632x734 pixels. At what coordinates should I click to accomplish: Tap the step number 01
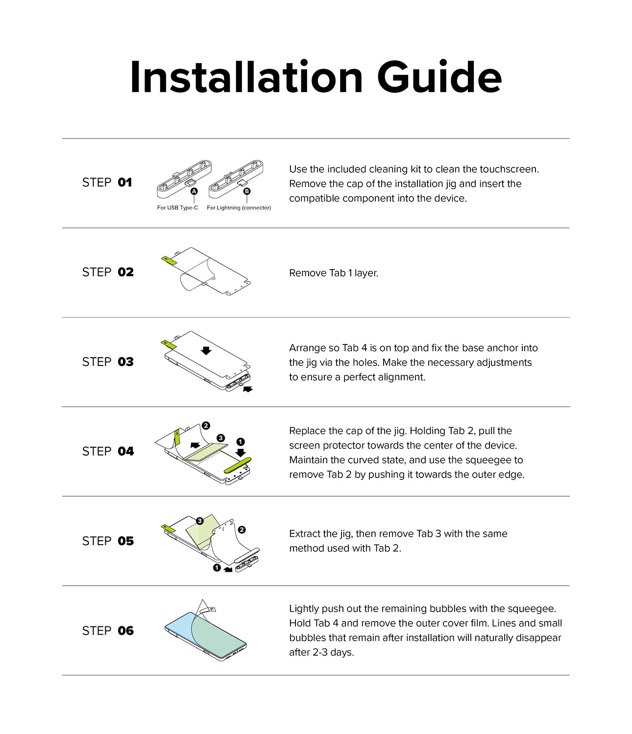point(125,183)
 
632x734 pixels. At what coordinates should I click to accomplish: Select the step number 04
point(125,451)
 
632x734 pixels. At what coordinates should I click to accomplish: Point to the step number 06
point(125,631)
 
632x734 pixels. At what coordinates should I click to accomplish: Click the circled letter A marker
point(194,191)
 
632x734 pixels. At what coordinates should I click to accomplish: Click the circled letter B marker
point(247,191)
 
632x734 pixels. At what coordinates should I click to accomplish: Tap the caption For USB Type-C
point(177,208)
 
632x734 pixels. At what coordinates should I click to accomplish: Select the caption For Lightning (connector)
point(239,208)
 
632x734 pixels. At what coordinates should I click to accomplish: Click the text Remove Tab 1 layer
point(333,273)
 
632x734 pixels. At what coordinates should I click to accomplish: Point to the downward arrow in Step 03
point(206,350)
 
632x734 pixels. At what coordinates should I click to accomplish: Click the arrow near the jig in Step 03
point(248,389)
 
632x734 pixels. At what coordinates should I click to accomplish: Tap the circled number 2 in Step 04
point(206,426)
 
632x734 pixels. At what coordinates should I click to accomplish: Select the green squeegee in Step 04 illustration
point(237,465)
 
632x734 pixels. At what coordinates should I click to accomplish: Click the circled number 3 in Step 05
point(199,521)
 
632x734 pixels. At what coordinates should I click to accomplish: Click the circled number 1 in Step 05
point(217,568)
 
